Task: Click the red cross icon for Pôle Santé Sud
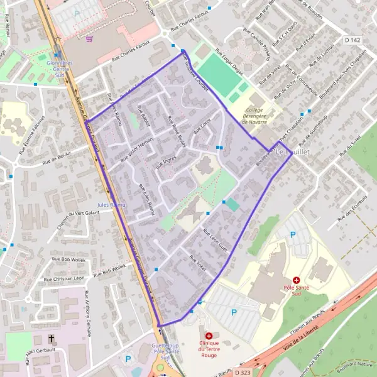[296, 280]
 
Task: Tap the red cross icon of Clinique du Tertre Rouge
[208, 336]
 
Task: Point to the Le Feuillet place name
[292, 153]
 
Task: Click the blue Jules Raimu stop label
[112, 205]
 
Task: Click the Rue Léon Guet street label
[214, 239]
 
